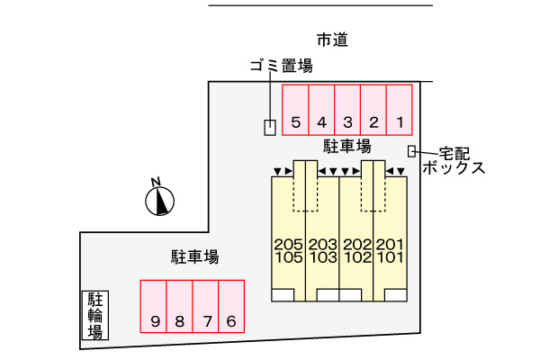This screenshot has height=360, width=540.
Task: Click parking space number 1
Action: click(x=400, y=110)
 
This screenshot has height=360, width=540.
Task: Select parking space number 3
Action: click(x=347, y=110)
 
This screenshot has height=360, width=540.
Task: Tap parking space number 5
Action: click(x=296, y=110)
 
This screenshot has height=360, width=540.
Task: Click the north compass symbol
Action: click(x=160, y=199)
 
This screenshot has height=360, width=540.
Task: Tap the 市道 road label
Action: click(x=332, y=40)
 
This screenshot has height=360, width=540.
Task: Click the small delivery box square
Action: click(x=411, y=151)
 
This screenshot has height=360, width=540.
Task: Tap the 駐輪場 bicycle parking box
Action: click(x=94, y=315)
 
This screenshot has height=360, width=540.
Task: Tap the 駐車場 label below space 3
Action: click(x=346, y=145)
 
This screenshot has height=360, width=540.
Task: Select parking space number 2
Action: click(x=373, y=110)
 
